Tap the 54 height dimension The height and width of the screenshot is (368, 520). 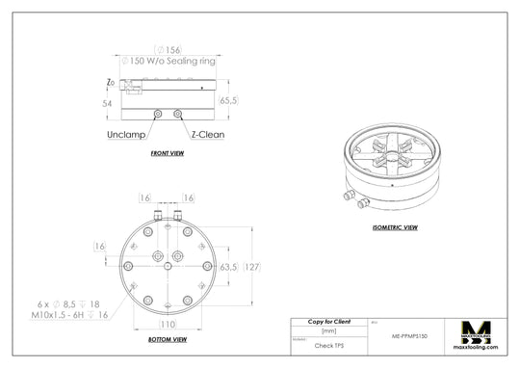click(x=108, y=101)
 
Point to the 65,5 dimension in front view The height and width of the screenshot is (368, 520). click(x=229, y=100)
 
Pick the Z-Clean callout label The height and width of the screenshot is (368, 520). click(x=207, y=135)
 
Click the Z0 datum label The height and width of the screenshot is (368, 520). click(x=112, y=84)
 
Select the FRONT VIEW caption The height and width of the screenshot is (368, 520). click(x=168, y=154)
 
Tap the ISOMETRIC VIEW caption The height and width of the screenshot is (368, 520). click(x=395, y=228)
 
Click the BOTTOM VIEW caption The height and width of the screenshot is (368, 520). click(x=168, y=340)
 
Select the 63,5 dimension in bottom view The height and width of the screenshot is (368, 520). click(x=229, y=267)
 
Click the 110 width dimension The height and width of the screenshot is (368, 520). click(x=168, y=325)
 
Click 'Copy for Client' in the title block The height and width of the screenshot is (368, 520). click(x=328, y=321)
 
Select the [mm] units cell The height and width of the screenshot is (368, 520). click(x=328, y=330)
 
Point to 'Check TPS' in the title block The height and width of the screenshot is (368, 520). click(x=328, y=344)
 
